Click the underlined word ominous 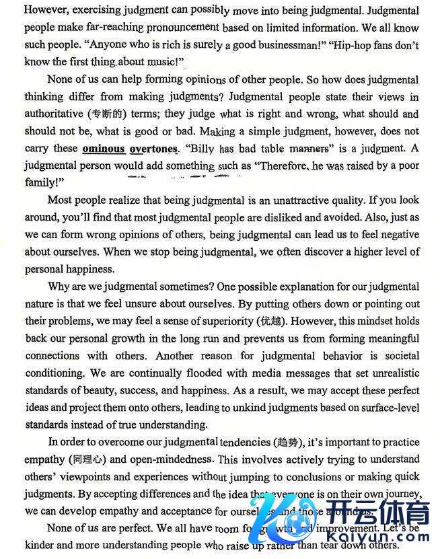[x=104, y=149]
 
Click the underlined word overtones [x=153, y=149]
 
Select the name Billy [x=203, y=149]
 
